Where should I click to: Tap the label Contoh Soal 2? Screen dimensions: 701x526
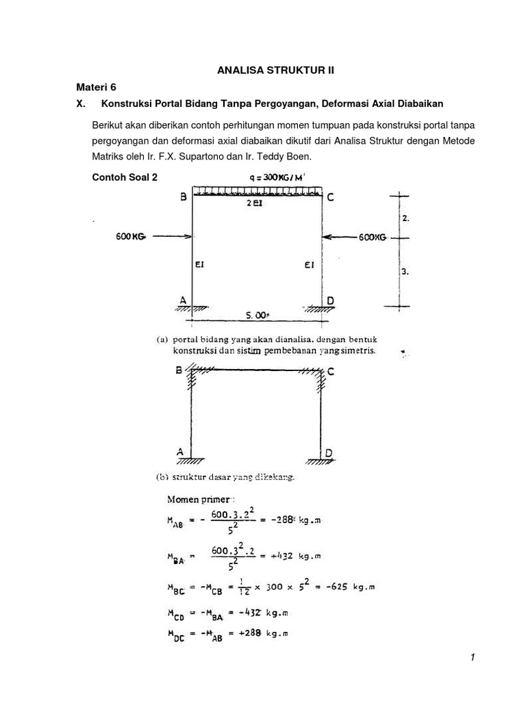(x=125, y=177)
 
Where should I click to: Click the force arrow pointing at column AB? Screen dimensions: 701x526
(x=171, y=236)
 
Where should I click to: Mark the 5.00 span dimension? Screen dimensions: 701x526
(x=258, y=316)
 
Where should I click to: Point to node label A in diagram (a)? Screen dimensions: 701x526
(x=182, y=299)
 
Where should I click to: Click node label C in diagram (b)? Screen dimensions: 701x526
(x=331, y=372)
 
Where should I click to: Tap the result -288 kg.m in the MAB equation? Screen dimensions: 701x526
(x=297, y=520)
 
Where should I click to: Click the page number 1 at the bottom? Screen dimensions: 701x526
(x=472, y=658)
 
